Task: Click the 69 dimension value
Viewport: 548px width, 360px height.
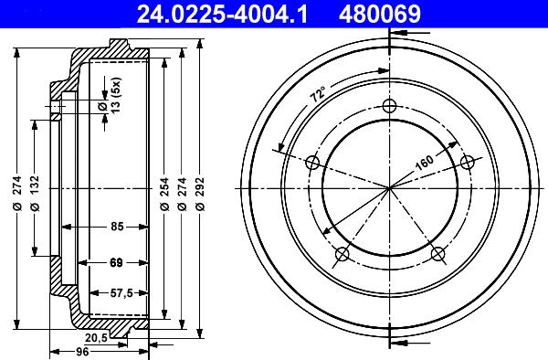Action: (116, 263)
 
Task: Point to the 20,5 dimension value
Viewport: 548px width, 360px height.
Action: (110, 337)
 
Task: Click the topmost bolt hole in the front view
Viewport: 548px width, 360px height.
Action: (390, 106)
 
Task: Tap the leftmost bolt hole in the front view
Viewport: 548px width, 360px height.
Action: (312, 163)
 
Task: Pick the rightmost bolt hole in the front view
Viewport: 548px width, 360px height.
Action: (468, 163)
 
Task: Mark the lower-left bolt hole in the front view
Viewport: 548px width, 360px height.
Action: (342, 253)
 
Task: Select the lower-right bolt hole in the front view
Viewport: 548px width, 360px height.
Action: (437, 253)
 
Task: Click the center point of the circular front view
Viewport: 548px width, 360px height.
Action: (390, 188)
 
